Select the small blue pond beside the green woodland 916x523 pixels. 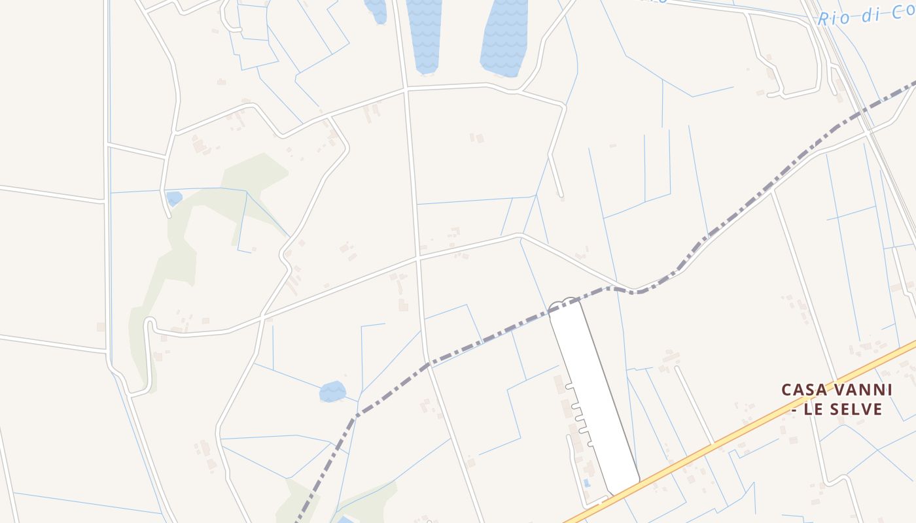point(173,197)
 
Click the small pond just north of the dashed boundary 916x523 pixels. point(332,392)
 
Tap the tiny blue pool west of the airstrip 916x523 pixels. point(586,483)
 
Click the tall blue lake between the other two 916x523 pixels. point(423,33)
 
